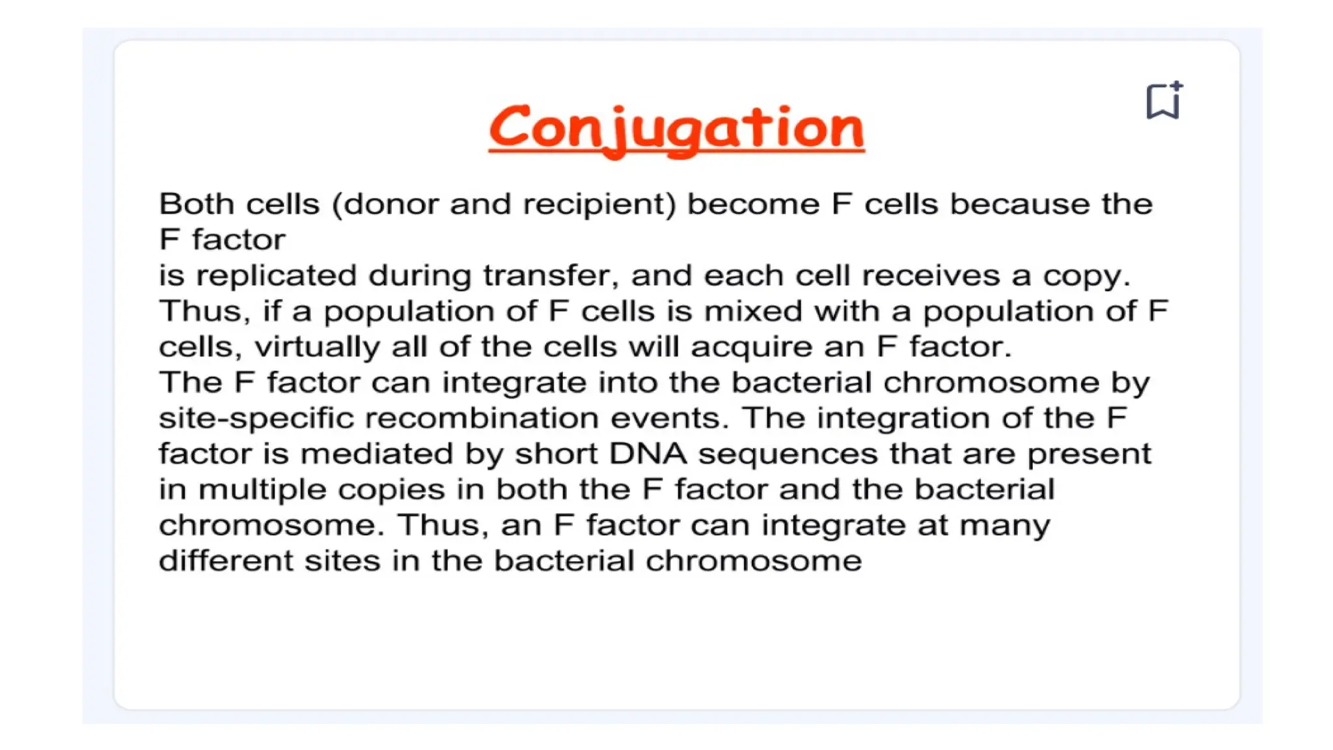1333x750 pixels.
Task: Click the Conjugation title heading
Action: [676, 128]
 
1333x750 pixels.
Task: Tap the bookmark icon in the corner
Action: [1163, 101]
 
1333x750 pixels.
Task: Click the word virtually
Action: [316, 347]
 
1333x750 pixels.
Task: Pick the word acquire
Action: [750, 347]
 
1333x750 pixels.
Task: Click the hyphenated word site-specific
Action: [256, 419]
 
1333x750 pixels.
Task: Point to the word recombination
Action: [482, 419]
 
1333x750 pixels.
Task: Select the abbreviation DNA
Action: [648, 454]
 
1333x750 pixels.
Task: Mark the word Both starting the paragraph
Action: [197, 204]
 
